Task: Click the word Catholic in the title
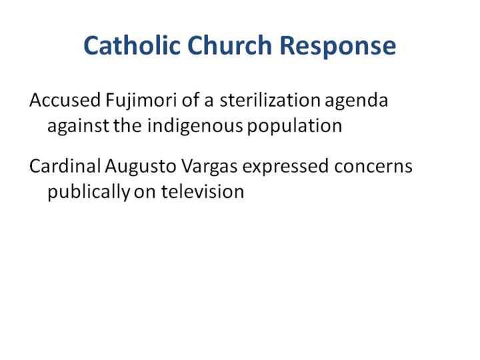[x=132, y=45]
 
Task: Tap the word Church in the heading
[x=229, y=45]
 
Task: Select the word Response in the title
[x=338, y=47]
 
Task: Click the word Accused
[x=65, y=100]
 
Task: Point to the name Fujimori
[x=141, y=101]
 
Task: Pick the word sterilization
[x=270, y=100]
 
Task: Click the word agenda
[x=356, y=101]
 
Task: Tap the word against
[x=79, y=126]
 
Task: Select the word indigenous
[x=195, y=126]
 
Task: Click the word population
[x=295, y=126]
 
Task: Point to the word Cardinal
[x=65, y=166]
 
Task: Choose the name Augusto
[x=141, y=167]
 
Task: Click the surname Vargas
[x=209, y=167]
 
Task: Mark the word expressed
[x=285, y=167]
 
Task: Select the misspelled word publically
[x=89, y=192]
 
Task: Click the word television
[x=203, y=191]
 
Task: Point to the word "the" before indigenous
[x=128, y=125]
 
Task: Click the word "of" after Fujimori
[x=191, y=100]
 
